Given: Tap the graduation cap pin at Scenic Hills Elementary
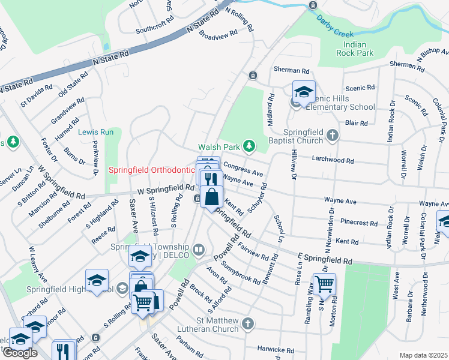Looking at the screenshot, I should (304, 92).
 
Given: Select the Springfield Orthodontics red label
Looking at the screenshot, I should (152, 170).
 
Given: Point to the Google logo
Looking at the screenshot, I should (20, 353).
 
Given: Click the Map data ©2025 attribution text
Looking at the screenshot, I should (423, 355).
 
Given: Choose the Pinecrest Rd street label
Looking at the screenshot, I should (358, 223).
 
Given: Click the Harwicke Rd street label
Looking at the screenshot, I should (277, 350).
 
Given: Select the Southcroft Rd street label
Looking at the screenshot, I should (154, 28).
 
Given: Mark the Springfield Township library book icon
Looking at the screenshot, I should (199, 249).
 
